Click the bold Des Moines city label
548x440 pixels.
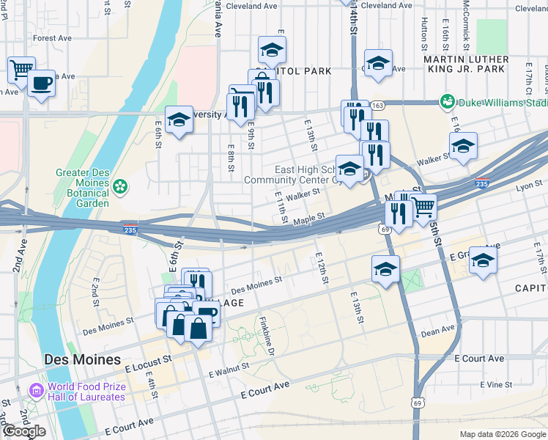(x=82, y=360)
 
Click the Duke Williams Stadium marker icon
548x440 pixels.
(x=446, y=100)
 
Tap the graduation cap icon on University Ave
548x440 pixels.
(x=178, y=120)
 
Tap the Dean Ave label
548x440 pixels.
(x=439, y=331)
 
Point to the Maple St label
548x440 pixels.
(x=308, y=219)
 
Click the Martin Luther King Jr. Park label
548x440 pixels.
(x=466, y=64)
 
